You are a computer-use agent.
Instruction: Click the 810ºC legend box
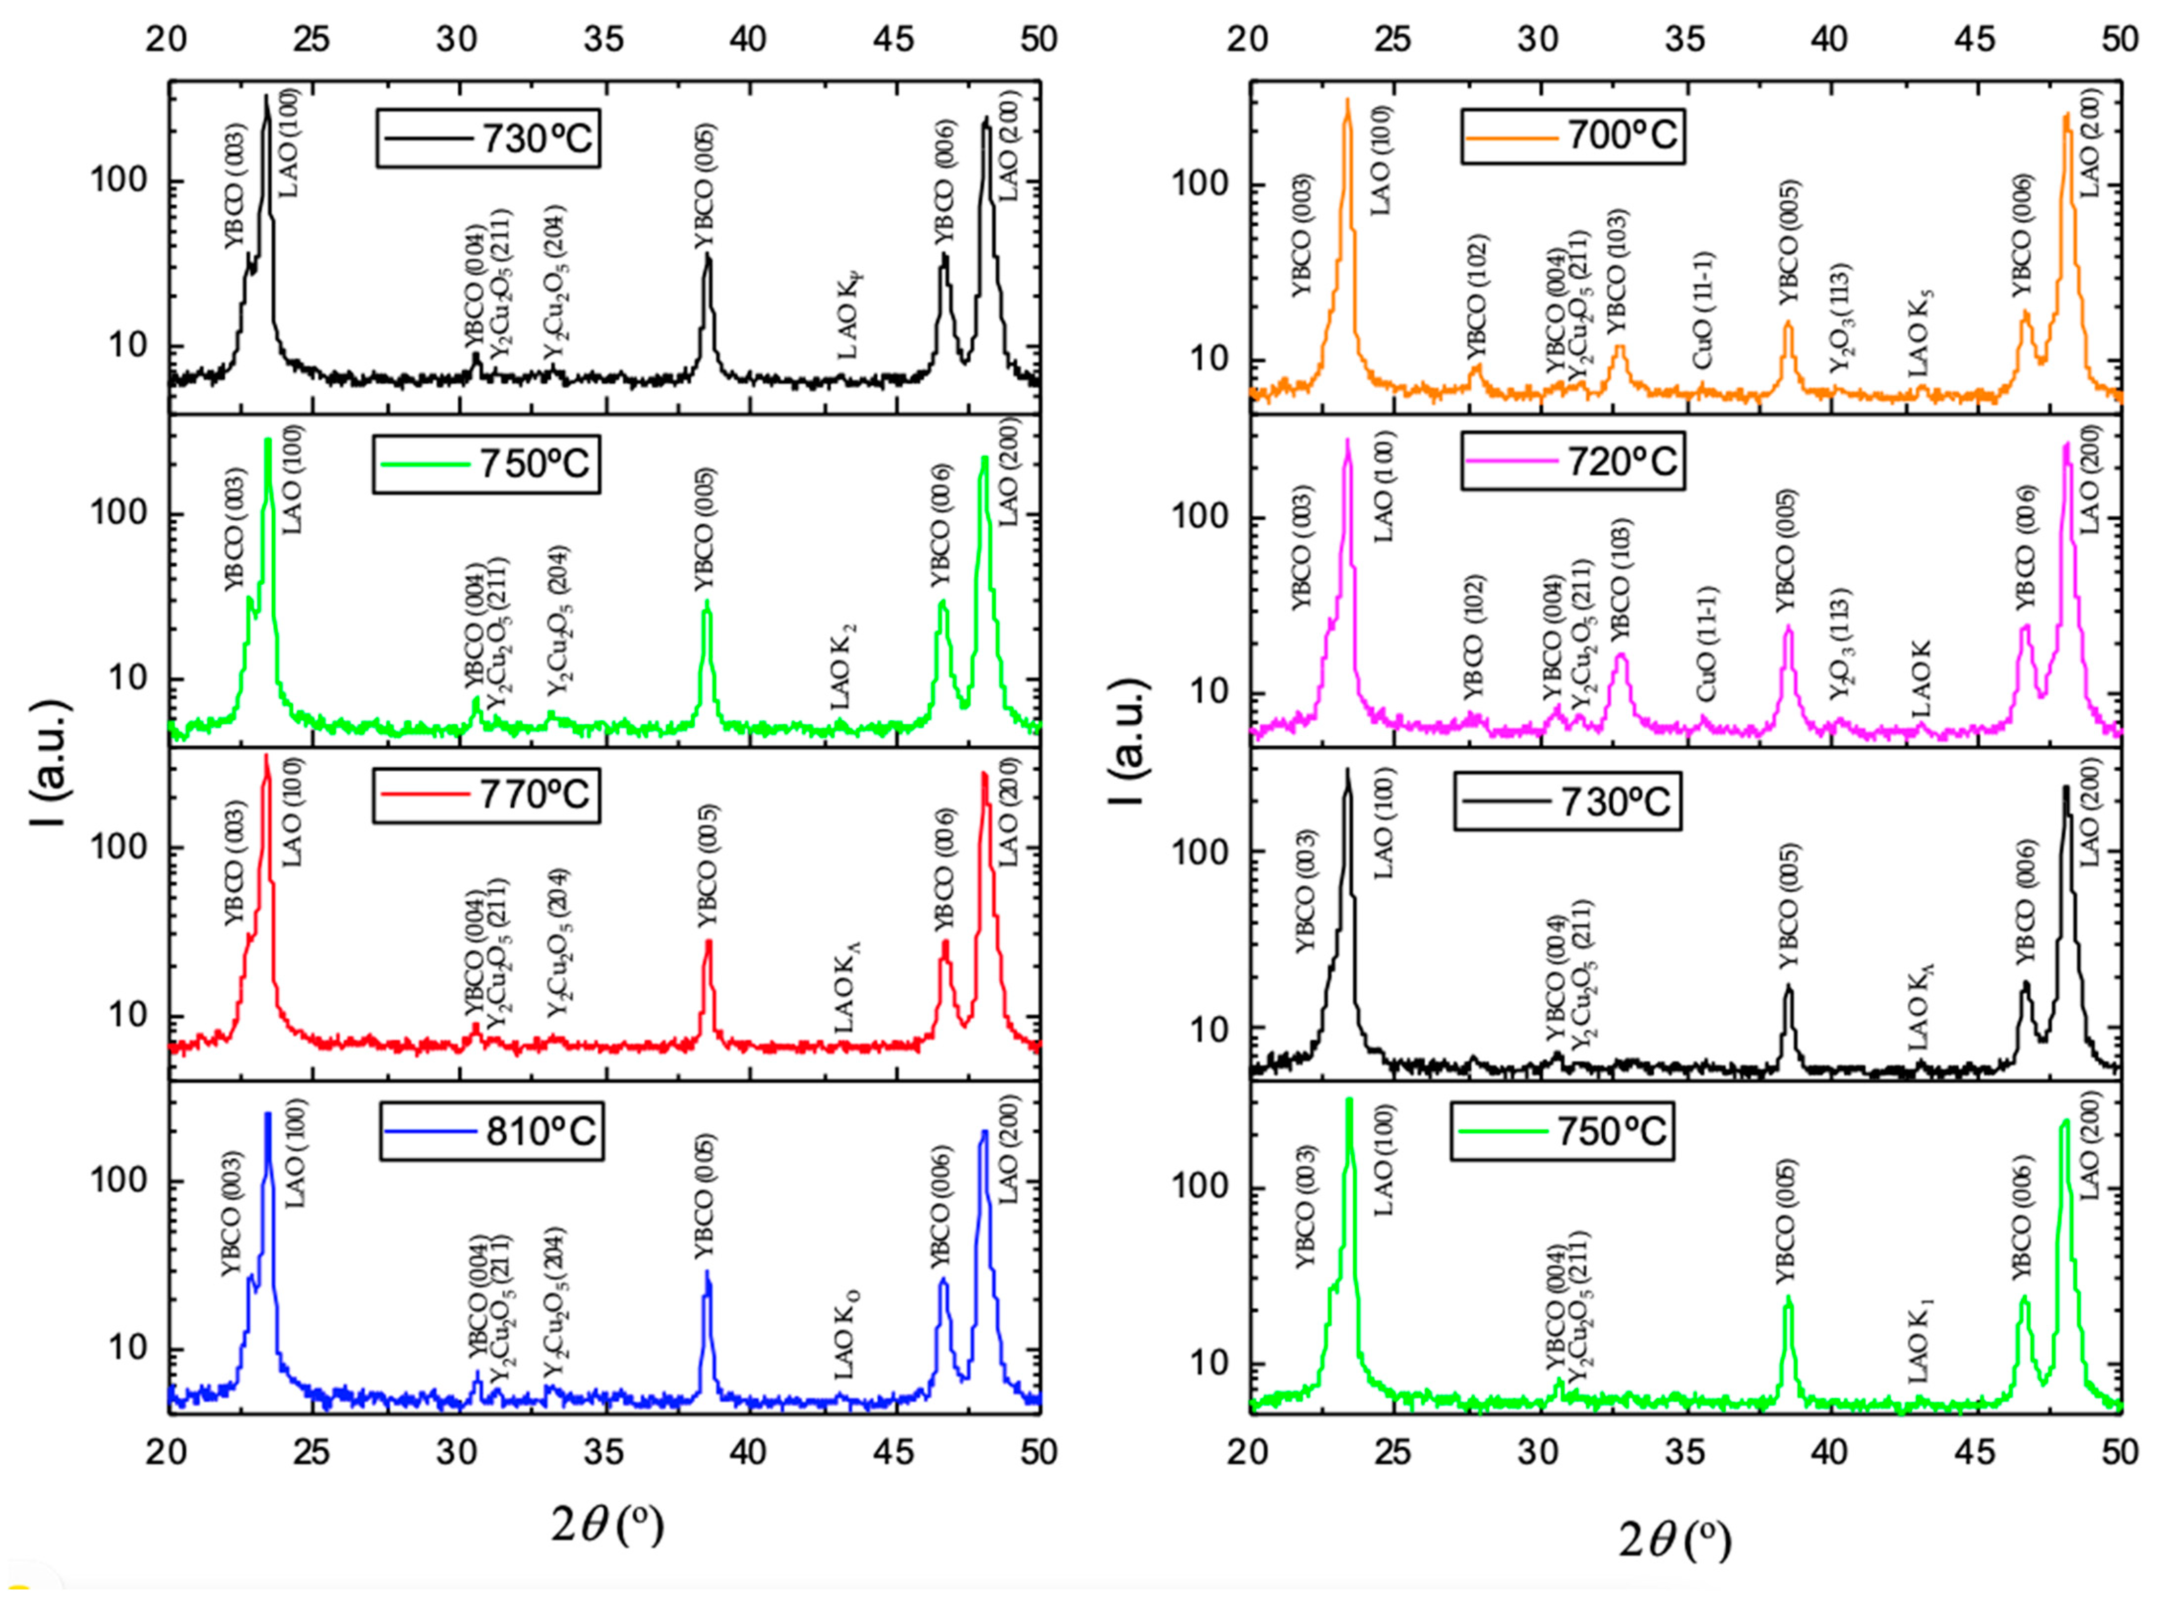491,1131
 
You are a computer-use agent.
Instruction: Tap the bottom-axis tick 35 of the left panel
603,1452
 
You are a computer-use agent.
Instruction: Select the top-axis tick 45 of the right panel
1974,39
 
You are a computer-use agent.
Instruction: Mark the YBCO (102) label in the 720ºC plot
1474,637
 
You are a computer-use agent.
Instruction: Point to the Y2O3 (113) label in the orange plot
1839,318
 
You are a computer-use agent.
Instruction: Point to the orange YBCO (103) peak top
1619,346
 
